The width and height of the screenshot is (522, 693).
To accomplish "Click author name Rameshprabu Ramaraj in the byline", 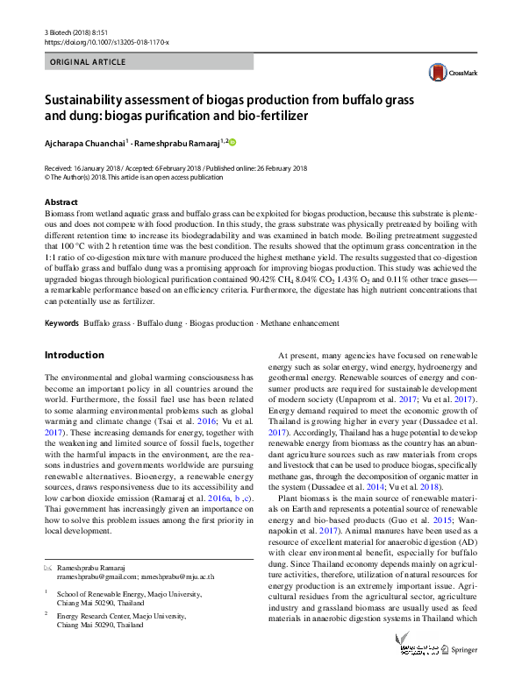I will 182,141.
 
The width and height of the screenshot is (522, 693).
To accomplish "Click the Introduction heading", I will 74,355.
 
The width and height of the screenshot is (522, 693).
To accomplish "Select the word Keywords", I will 61,323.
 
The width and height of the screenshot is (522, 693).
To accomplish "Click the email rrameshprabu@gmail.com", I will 96,577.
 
